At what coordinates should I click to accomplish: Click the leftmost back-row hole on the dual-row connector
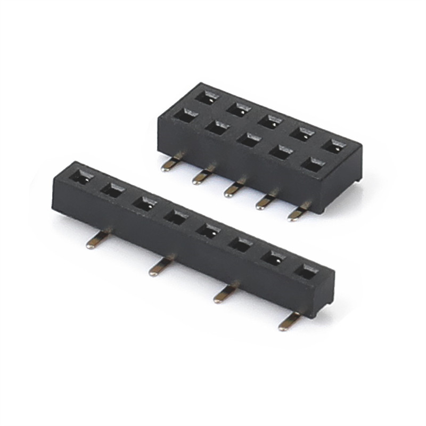207,97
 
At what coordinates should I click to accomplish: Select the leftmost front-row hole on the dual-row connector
185,116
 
